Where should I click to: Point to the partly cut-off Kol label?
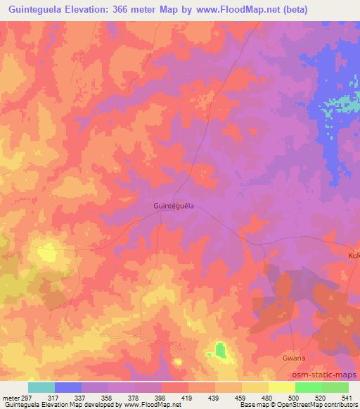pos(354,256)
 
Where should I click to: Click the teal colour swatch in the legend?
pos(41,387)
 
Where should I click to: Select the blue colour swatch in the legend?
pos(68,387)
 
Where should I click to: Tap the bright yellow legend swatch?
pos(282,387)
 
